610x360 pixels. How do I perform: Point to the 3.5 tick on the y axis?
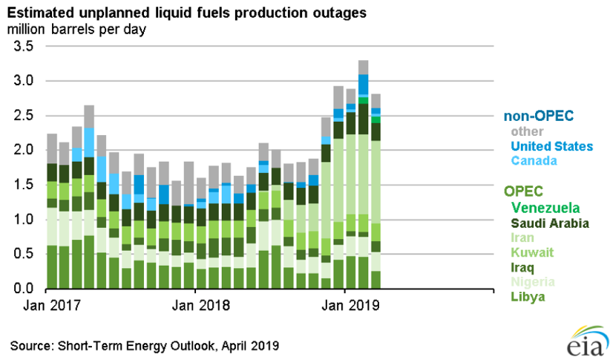pyautogui.click(x=24, y=46)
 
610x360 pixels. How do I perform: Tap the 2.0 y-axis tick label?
pyautogui.click(x=24, y=150)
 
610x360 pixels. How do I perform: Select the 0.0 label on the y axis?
pyautogui.click(x=24, y=289)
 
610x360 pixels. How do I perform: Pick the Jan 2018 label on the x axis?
pyautogui.click(x=194, y=304)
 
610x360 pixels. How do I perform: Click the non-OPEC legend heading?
pyautogui.click(x=537, y=116)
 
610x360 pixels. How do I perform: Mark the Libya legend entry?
pyautogui.click(x=528, y=298)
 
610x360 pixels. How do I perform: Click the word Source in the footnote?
pyautogui.click(x=29, y=345)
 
